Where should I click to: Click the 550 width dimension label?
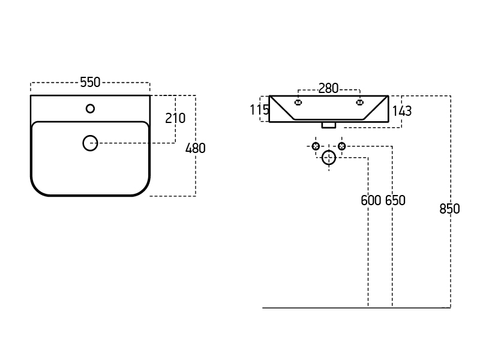[90, 83]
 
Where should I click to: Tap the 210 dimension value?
[175, 118]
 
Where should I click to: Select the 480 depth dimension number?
[195, 148]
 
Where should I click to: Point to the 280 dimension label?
[328, 89]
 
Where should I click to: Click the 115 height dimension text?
[259, 110]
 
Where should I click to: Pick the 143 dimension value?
[401, 110]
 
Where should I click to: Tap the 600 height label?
[371, 200]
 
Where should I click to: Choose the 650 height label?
[395, 200]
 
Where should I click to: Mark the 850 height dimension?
[449, 209]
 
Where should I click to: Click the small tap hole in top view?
[90, 109]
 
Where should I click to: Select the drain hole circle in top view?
[90, 143]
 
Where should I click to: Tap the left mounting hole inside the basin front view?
[298, 103]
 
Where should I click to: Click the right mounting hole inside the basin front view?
[360, 103]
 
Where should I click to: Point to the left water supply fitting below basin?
[316, 146]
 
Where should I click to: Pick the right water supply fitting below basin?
[341, 146]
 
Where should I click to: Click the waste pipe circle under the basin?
[329, 158]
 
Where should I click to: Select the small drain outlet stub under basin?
[328, 125]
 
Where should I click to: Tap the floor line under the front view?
[354, 308]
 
